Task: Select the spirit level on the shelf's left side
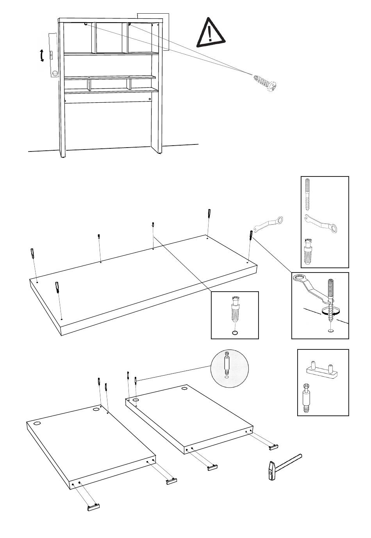coord(53,55)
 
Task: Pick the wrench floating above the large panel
coord(269,224)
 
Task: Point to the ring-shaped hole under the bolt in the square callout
coord(234,333)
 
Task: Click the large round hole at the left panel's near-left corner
coord(37,424)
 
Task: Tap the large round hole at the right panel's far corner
coord(184,389)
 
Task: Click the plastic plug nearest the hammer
coord(273,445)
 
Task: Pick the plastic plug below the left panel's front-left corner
coord(93,507)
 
